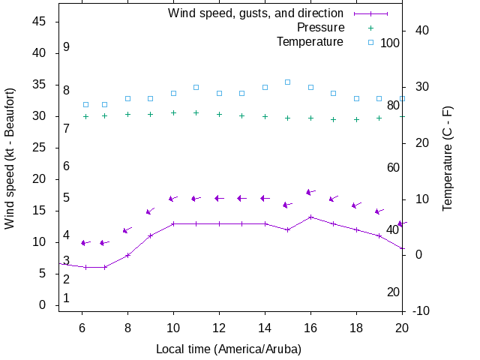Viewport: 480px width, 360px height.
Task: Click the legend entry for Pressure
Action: click(x=320, y=28)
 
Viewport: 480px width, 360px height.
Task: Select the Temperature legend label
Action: click(x=310, y=42)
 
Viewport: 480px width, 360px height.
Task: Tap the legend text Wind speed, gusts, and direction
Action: click(x=256, y=13)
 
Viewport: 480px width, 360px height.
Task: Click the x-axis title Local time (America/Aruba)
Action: click(x=229, y=349)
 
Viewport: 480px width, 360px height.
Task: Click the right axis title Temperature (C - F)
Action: click(x=448, y=157)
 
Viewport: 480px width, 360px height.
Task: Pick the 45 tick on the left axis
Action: click(x=40, y=22)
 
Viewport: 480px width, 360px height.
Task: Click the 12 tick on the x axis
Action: click(x=219, y=328)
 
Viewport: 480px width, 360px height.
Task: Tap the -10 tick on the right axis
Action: click(x=421, y=310)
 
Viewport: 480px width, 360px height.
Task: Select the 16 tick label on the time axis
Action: click(x=310, y=328)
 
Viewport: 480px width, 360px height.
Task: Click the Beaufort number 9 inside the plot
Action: click(x=67, y=47)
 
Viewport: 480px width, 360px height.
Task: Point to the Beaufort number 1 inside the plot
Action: click(x=67, y=298)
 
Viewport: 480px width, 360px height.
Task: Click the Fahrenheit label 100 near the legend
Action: click(x=390, y=43)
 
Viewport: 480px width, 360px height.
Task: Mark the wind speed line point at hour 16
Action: click(x=310, y=217)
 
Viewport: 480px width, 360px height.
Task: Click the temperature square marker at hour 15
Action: click(x=287, y=82)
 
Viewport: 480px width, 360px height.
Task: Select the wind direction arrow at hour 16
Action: click(x=310, y=192)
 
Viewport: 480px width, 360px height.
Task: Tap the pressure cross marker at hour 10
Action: click(x=173, y=112)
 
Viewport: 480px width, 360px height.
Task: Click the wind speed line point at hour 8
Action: click(x=127, y=255)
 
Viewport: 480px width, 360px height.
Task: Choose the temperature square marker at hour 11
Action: click(x=196, y=87)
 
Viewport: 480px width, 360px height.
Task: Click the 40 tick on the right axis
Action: click(x=421, y=31)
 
